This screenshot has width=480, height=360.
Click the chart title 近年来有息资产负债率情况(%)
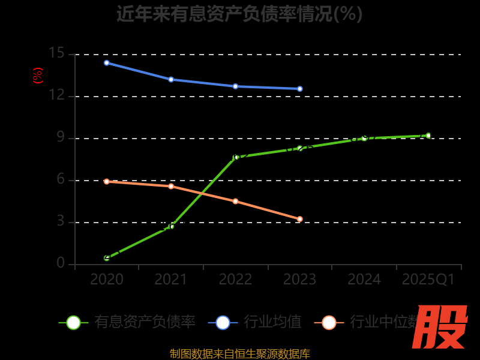point(239,13)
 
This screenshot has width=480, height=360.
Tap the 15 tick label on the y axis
point(56,53)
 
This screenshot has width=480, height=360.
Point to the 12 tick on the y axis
point(56,95)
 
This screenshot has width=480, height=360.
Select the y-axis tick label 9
point(60,137)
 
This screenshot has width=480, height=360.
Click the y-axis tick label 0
point(60,263)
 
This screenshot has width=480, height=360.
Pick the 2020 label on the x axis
point(107,279)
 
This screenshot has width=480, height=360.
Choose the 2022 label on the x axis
point(235,279)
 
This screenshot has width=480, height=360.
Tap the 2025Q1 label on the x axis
point(428,279)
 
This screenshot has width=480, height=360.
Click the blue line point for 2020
point(107,62)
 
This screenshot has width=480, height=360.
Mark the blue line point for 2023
point(300,89)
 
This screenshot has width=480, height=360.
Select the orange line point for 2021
point(171,186)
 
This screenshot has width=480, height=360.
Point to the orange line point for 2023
point(300,219)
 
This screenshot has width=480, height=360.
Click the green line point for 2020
point(107,258)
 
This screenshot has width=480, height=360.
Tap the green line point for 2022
point(236,157)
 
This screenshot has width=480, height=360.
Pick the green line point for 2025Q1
point(428,136)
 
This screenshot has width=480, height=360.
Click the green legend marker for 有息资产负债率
point(73,322)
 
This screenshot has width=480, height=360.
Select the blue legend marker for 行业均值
point(223,322)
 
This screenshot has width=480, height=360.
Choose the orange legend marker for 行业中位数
point(329,322)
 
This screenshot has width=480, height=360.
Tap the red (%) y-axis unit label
point(37,76)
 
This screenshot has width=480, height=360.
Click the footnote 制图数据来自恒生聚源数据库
point(239,353)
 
